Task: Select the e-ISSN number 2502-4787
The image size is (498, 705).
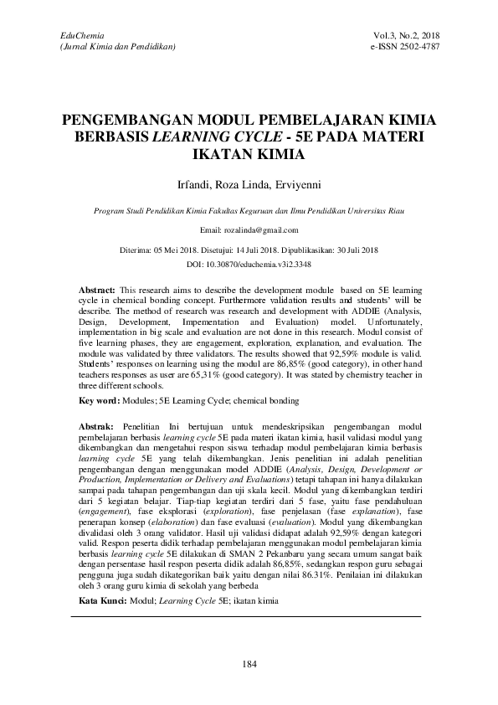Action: (x=418, y=47)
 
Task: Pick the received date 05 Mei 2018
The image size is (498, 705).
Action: (x=182, y=250)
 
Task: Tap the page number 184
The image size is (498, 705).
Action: (x=248, y=664)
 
